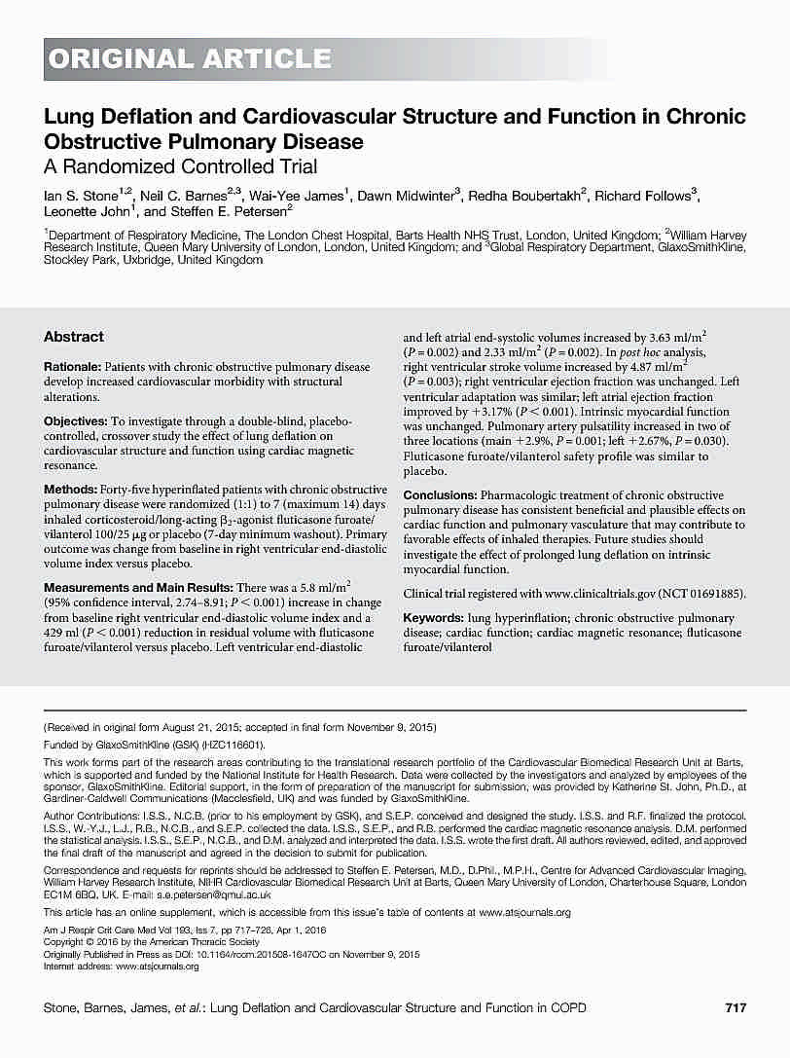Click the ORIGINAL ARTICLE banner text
[x=190, y=58]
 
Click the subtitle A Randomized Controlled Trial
[x=181, y=166]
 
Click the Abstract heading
[x=73, y=337]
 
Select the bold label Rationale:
[x=75, y=367]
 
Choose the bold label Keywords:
[x=433, y=618]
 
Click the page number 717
[x=736, y=1007]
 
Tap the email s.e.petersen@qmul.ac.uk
[x=222, y=894]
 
